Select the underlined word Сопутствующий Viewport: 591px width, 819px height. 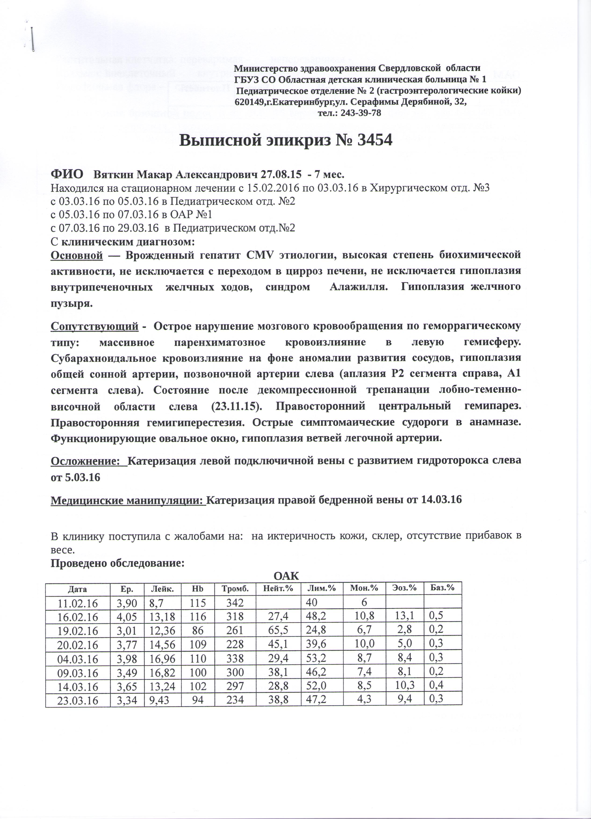pos(94,326)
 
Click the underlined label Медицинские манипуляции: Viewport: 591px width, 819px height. pos(128,500)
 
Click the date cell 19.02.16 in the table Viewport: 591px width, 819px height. pos(78,630)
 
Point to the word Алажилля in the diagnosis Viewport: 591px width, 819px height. pos(357,287)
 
